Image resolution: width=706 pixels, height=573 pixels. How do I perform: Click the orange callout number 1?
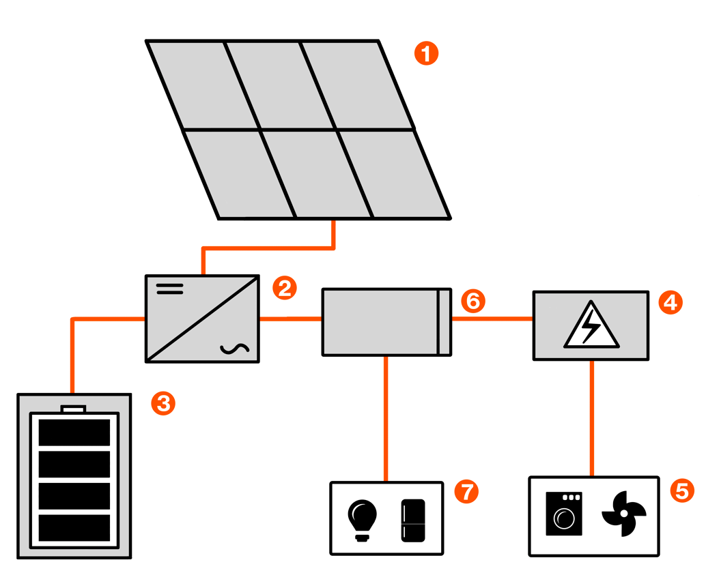click(427, 53)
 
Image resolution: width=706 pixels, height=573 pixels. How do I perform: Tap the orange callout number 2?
click(285, 288)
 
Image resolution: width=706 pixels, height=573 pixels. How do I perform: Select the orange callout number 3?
click(163, 404)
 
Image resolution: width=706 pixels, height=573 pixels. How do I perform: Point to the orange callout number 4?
click(670, 302)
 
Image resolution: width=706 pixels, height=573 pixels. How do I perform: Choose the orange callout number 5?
click(682, 490)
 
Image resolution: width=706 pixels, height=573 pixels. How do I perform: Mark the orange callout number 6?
click(473, 300)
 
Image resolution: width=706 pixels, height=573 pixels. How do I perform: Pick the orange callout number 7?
click(466, 492)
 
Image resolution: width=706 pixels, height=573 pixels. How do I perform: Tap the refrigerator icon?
click(413, 520)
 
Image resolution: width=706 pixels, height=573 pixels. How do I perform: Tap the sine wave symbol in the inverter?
click(234, 349)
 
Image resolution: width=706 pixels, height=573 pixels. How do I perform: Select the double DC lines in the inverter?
click(170, 289)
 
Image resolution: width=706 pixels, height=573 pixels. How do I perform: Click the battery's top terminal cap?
click(73, 409)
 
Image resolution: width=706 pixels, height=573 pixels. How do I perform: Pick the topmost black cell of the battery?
click(74, 432)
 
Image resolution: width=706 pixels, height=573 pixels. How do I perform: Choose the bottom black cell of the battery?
click(74, 528)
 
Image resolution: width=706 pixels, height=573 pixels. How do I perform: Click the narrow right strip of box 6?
click(444, 322)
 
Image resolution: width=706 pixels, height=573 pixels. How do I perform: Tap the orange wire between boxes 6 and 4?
click(492, 318)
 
